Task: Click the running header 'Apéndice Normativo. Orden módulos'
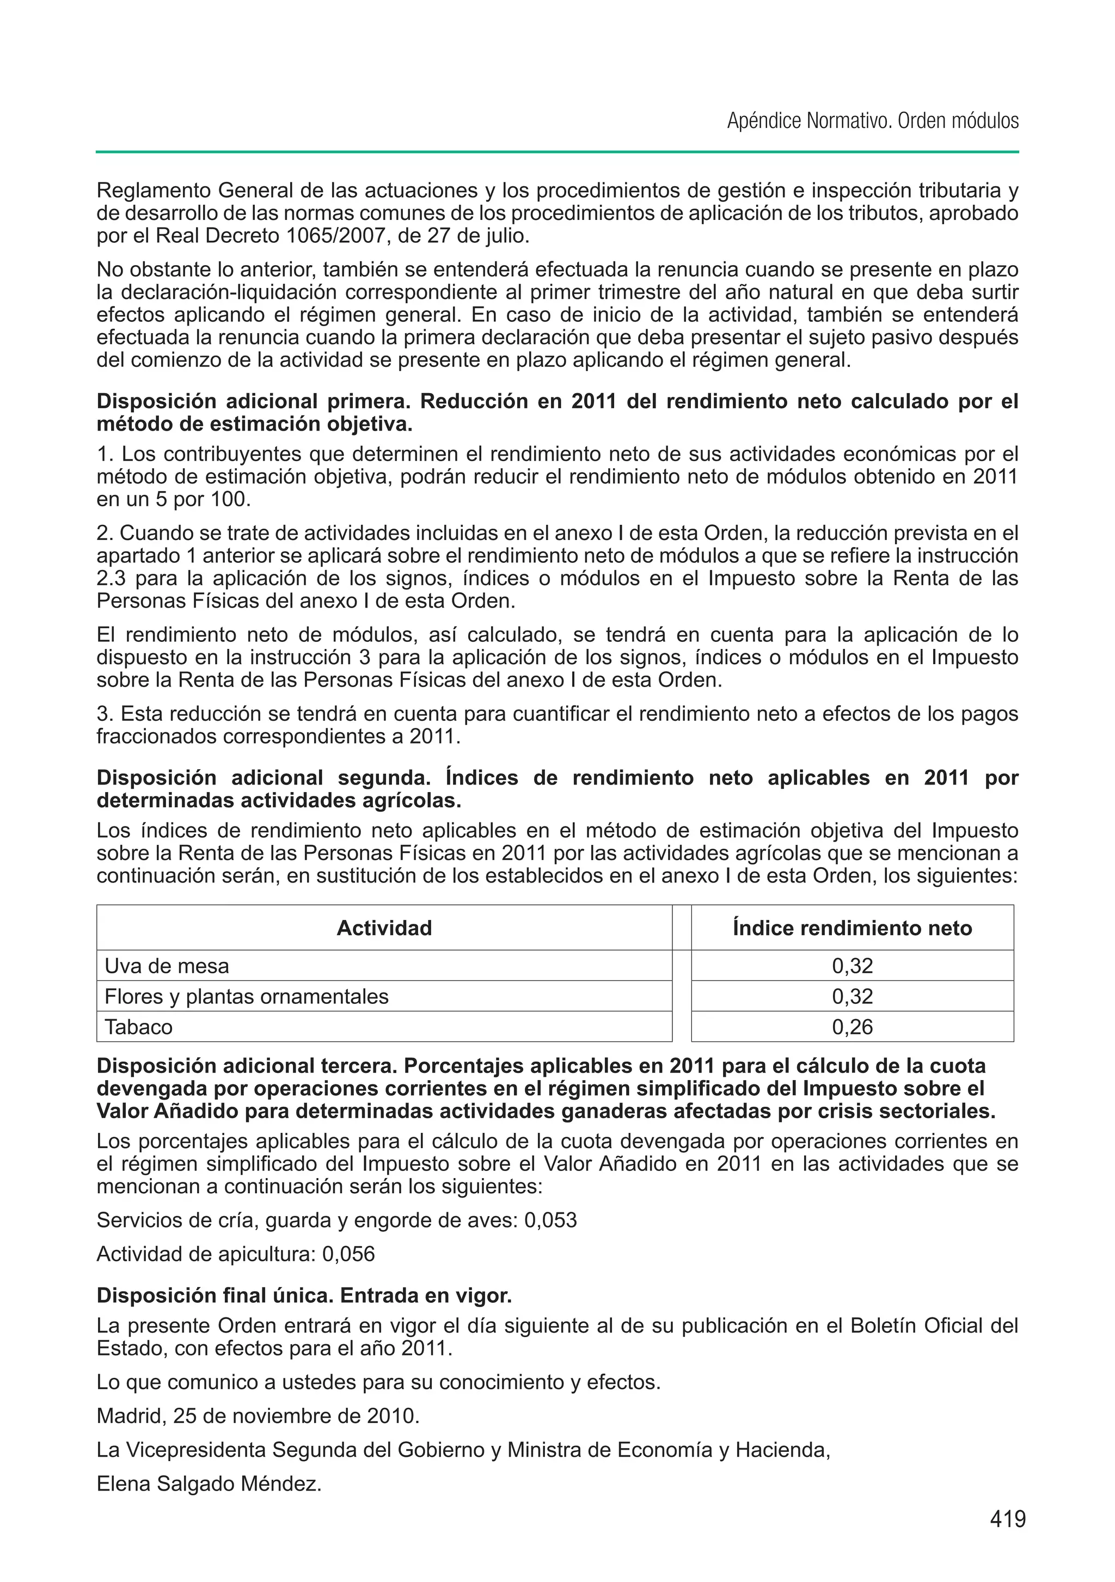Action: pyautogui.click(x=872, y=121)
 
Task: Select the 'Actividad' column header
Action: pyautogui.click(x=384, y=928)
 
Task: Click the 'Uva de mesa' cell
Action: pyautogui.click(x=167, y=966)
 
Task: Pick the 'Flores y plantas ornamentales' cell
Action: pyautogui.click(x=246, y=996)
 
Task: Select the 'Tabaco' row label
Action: pyautogui.click(x=138, y=1027)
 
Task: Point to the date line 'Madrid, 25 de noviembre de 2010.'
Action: pyautogui.click(x=258, y=1416)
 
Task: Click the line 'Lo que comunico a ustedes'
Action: pyautogui.click(x=378, y=1382)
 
